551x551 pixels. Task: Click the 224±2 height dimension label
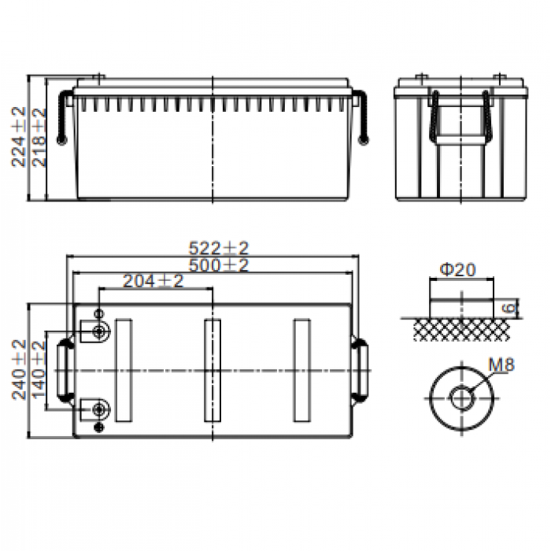pos(19,137)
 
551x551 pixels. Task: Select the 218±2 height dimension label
pos(39,138)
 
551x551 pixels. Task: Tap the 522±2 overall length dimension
pos(219,248)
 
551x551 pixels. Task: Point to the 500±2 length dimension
pos(219,265)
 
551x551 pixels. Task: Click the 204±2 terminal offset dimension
pos(153,281)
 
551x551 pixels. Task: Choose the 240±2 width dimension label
pos(19,370)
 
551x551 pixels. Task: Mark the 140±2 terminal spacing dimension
pos(39,370)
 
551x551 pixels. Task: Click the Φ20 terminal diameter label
pos(457,269)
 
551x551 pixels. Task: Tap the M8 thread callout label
pos(501,364)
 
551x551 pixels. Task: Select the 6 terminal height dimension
pos(509,309)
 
